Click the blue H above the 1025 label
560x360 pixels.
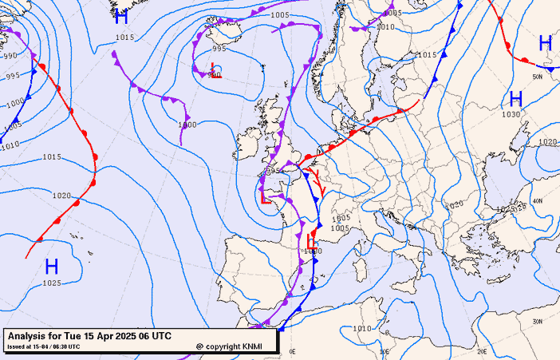click(52, 266)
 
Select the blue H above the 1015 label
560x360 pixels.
click(121, 18)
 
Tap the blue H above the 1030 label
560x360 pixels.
click(515, 99)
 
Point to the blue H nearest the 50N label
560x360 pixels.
click(545, 43)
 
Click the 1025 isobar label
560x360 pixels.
click(52, 283)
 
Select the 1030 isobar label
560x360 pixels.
click(511, 114)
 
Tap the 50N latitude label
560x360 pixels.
click(537, 77)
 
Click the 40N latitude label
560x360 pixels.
click(537, 201)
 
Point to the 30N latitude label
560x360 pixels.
click(537, 321)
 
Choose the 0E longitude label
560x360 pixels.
click(292, 351)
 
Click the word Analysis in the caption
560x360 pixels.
click(29, 336)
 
